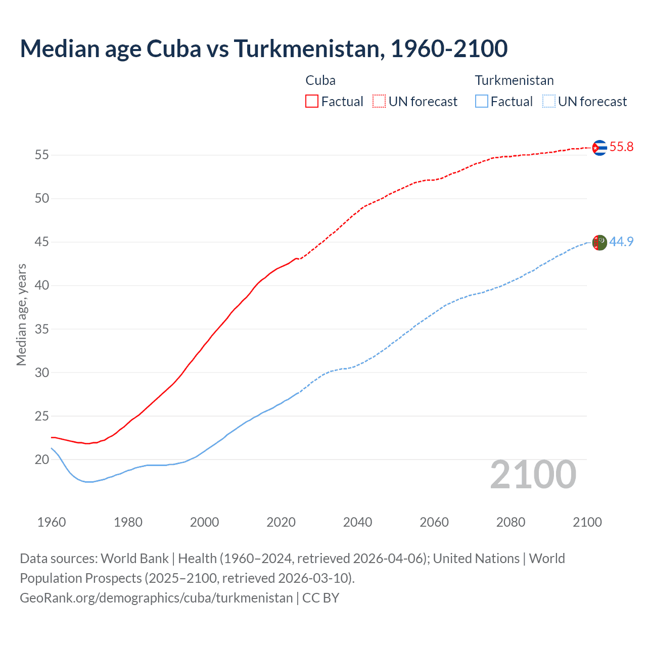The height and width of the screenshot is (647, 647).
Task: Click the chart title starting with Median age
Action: (x=263, y=49)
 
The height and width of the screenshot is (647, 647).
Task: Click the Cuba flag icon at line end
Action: (x=599, y=147)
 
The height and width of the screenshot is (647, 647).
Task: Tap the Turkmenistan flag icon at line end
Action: (x=599, y=242)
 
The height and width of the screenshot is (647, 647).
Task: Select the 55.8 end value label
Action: (x=621, y=147)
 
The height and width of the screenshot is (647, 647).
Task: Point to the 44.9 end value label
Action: (x=621, y=242)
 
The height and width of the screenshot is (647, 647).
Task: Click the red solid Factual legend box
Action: (x=312, y=102)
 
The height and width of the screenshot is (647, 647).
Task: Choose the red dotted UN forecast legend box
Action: (x=379, y=102)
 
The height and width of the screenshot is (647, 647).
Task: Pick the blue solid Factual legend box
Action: (x=482, y=102)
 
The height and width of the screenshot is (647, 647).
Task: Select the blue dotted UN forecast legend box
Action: (x=548, y=102)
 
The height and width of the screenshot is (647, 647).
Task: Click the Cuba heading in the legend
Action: (x=320, y=80)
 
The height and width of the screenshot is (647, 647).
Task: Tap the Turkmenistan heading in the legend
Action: (x=514, y=80)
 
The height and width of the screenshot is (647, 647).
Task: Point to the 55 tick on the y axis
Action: (x=42, y=155)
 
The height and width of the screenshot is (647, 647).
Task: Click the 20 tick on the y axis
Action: (x=42, y=460)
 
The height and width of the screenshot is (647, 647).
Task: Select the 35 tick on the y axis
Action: (x=42, y=330)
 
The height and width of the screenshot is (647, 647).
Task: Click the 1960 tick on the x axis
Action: (x=52, y=522)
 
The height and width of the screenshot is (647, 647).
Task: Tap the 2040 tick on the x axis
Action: (x=357, y=522)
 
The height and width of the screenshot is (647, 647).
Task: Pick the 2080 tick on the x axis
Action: (x=511, y=522)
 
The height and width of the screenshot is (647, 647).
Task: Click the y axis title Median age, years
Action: (x=21, y=314)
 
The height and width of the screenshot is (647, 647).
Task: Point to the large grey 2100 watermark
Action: (x=533, y=475)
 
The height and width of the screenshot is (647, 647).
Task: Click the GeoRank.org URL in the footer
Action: (x=156, y=598)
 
